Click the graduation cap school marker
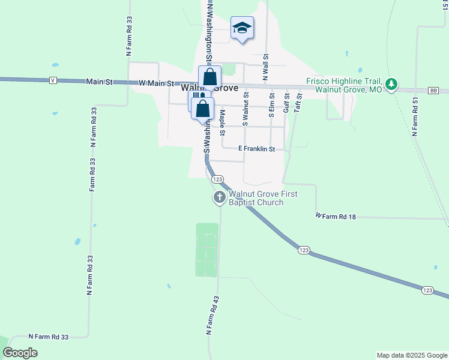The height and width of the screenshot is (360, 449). tap(242, 28)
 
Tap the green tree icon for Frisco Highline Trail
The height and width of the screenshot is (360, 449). tap(392, 85)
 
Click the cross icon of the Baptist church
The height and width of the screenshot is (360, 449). tap(220, 197)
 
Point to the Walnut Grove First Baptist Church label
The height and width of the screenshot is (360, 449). tap(259, 198)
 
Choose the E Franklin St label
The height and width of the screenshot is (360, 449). tap(256, 149)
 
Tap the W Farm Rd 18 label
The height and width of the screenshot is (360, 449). tap(336, 216)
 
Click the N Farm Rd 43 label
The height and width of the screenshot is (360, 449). tap(210, 315)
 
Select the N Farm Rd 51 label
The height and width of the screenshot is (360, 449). tap(414, 116)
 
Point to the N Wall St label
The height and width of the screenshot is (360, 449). tap(265, 66)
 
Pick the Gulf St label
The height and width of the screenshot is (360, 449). tap(286, 103)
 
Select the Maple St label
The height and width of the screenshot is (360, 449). tap(223, 121)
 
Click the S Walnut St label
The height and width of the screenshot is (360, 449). tap(245, 108)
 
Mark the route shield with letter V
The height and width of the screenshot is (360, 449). tap(53, 80)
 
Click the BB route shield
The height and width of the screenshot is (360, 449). tap(433, 90)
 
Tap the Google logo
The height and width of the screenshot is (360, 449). tap(20, 353)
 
